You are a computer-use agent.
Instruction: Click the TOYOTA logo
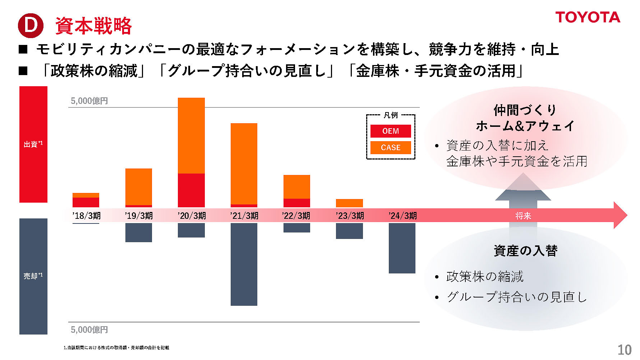(588, 17)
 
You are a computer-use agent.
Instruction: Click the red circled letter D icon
(31, 26)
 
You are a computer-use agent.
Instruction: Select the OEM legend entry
(391, 131)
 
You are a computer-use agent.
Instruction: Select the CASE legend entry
(391, 147)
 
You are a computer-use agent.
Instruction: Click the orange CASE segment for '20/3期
(191, 135)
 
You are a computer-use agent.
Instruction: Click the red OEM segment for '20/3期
(191, 190)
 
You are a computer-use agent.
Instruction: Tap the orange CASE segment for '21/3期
(244, 163)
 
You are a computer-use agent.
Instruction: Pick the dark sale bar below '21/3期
(244, 264)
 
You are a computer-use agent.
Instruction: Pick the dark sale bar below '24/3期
(402, 248)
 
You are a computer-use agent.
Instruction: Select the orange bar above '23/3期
(349, 203)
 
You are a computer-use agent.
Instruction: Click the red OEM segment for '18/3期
(86, 202)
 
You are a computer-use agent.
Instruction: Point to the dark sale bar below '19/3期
(139, 232)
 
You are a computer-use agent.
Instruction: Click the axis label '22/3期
(296, 216)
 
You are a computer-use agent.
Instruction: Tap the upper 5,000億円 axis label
(89, 101)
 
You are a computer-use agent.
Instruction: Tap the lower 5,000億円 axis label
(89, 329)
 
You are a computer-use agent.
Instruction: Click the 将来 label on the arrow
(523, 216)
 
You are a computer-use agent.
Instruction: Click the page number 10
(624, 350)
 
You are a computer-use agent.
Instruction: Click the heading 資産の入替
(525, 250)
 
